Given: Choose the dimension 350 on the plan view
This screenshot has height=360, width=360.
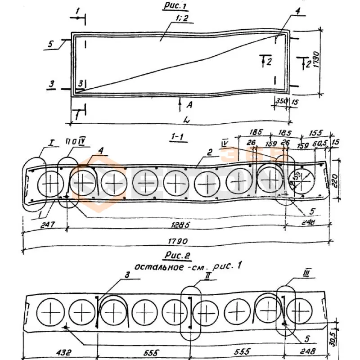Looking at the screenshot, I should tap(281, 102).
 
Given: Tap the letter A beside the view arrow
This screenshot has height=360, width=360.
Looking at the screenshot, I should tap(189, 105).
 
